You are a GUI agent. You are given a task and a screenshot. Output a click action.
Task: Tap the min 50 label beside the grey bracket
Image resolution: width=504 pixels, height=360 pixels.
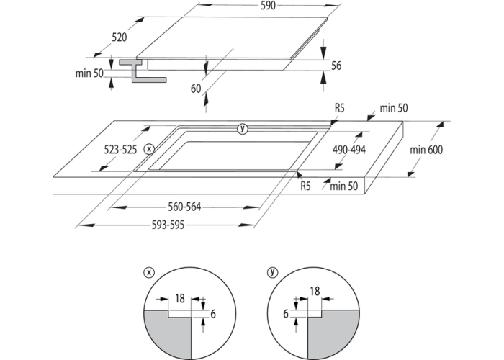click(90, 73)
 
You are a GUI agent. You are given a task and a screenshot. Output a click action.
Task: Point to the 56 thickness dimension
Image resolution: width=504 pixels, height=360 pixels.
click(336, 66)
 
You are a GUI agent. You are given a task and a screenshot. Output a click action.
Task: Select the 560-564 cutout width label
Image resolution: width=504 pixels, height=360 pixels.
click(184, 207)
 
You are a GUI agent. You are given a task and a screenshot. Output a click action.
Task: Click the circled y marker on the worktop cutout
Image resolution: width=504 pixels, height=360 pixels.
click(242, 129)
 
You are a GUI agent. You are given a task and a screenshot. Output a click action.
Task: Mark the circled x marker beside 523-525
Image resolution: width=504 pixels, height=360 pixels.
click(149, 149)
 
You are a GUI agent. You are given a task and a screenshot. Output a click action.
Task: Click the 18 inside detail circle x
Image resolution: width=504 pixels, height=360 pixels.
click(180, 297)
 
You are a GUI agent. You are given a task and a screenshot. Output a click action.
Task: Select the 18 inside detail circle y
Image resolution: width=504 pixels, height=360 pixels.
click(314, 292)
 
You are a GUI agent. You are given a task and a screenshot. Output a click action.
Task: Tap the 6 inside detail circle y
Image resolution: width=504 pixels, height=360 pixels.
click(286, 314)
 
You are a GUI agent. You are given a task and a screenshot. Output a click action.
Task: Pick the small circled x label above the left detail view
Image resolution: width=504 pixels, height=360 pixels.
click(149, 272)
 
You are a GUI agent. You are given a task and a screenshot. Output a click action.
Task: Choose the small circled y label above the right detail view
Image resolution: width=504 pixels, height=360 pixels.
click(272, 272)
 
